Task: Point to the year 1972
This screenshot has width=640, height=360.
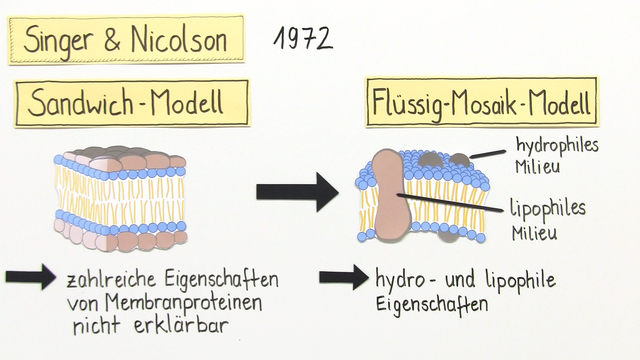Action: [x=301, y=38]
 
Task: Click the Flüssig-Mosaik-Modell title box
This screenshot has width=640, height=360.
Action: [x=483, y=103]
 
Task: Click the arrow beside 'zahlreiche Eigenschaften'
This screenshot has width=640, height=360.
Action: [x=31, y=277]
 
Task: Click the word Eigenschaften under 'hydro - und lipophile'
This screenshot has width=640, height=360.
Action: [x=430, y=300]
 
